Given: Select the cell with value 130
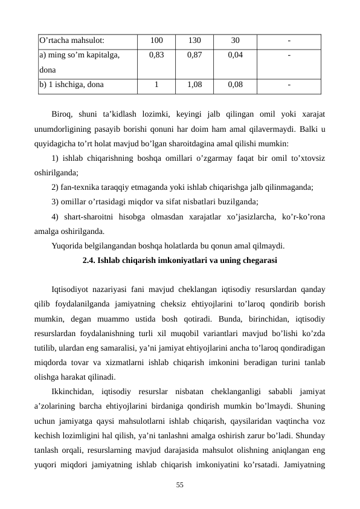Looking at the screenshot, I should [194, 41].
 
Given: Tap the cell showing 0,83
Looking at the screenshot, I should [156, 55].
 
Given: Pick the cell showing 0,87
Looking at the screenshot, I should [194, 55].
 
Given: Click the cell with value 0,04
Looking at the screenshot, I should [235, 55].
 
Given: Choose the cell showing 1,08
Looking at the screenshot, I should [194, 85].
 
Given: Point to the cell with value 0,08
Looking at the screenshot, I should [235, 85].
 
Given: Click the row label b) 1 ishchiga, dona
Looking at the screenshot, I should [71, 85].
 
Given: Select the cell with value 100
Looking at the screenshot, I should [156, 41].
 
